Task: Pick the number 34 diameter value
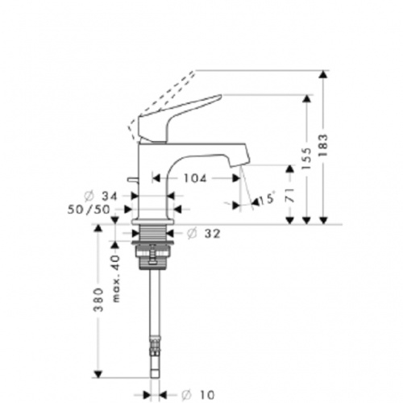pos(110,196)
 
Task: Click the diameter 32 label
pos(208,235)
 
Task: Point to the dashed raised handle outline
pos(161,97)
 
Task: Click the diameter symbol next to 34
pos(89,196)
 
